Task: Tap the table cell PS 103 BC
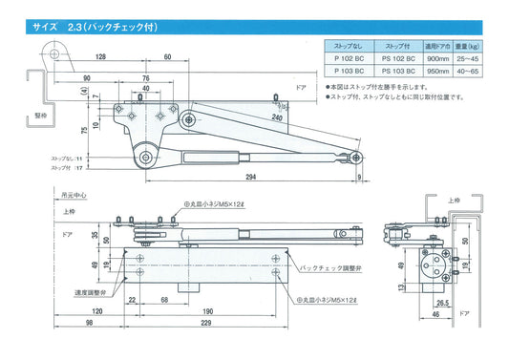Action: (392, 71)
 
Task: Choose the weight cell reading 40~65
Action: (469, 71)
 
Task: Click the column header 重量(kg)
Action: (469, 46)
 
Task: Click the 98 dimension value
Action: (87, 325)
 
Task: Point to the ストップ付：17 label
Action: (66, 167)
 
